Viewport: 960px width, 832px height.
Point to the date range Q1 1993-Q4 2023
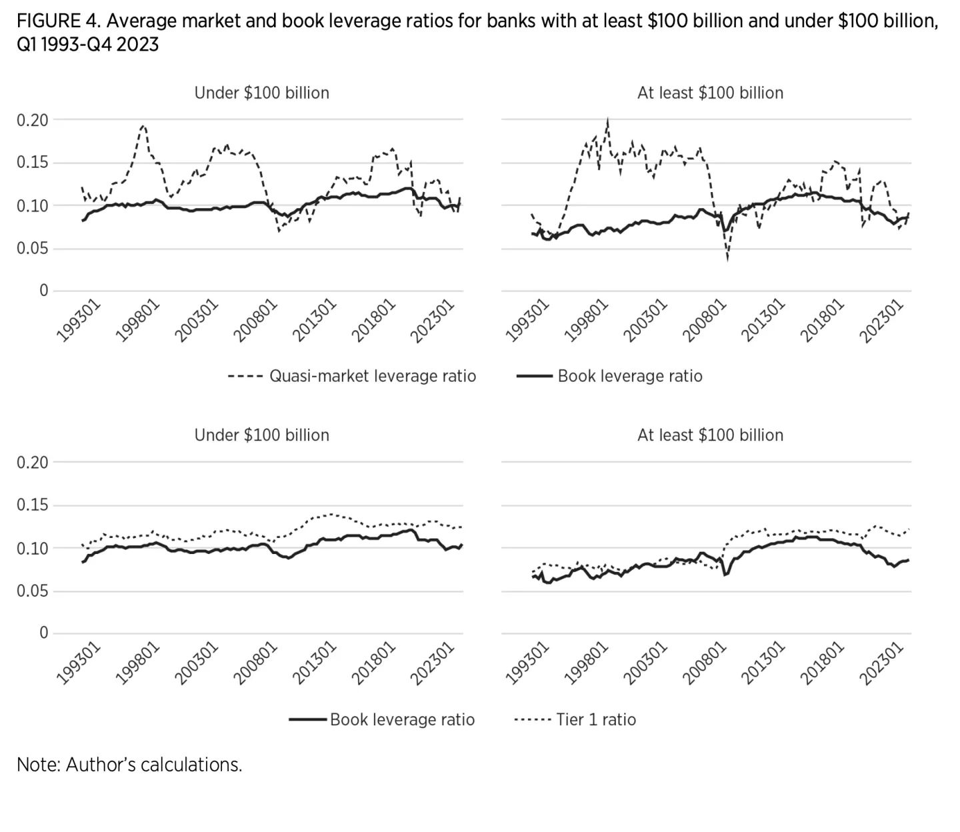88,45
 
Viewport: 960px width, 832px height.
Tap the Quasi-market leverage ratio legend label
372,376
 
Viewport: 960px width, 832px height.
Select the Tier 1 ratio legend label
596,719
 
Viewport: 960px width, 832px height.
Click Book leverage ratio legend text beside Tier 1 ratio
402,719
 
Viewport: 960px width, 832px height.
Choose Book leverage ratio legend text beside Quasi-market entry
629,376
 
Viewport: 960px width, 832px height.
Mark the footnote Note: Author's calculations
129,764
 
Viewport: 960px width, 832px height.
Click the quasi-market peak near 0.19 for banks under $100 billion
143,125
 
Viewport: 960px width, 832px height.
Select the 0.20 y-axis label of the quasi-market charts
33,120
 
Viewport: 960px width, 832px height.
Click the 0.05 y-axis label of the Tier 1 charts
33,591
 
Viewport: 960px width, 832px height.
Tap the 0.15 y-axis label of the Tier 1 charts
33,505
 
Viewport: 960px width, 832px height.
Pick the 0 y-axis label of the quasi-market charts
43,291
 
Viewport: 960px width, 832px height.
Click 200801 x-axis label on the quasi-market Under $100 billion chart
255,321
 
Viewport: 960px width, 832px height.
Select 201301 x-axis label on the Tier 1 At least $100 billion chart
763,663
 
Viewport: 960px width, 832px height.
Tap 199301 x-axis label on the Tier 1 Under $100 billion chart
79,663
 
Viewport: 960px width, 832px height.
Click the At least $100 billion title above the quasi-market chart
710,93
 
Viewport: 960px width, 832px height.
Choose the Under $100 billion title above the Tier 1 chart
261,435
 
